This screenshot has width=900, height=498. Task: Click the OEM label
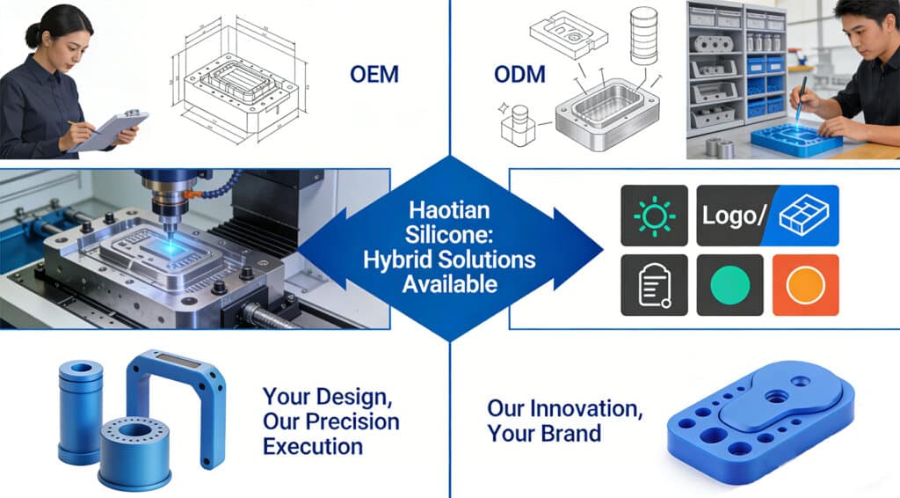pyautogui.click(x=374, y=74)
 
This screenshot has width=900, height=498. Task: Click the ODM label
pyautogui.click(x=519, y=74)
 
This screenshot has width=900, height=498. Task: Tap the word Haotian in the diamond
pyautogui.click(x=449, y=210)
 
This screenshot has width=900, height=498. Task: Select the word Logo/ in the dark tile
pyautogui.click(x=734, y=216)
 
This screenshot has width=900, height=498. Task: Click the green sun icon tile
pyautogui.click(x=654, y=216)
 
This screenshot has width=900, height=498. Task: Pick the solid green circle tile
pyautogui.click(x=730, y=285)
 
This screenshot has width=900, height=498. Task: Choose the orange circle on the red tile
pyautogui.click(x=806, y=285)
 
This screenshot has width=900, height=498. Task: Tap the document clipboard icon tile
pyautogui.click(x=654, y=285)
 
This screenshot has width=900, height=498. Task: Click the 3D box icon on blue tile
pyautogui.click(x=803, y=215)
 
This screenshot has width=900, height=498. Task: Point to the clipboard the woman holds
pyautogui.click(x=109, y=131)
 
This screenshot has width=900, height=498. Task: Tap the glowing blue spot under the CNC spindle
pyautogui.click(x=171, y=245)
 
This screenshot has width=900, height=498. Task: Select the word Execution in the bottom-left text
pyautogui.click(x=313, y=446)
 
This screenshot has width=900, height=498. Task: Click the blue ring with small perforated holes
pyautogui.click(x=134, y=451)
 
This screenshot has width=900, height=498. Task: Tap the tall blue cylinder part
pyautogui.click(x=80, y=412)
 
